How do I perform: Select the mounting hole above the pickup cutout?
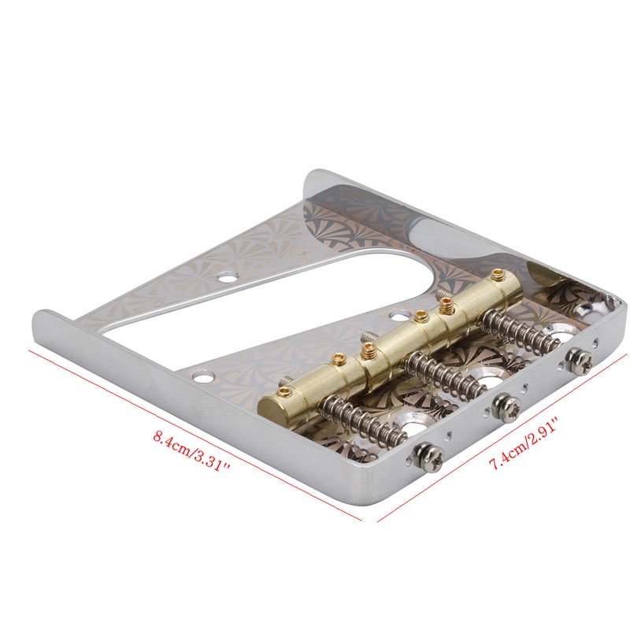(x=228, y=277)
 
